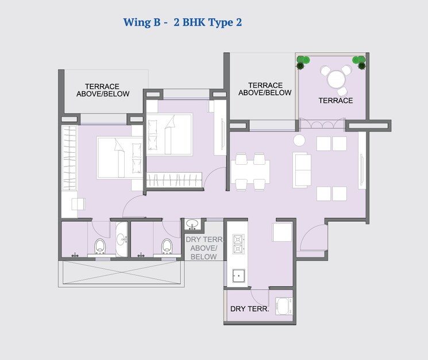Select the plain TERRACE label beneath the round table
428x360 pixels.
tap(336, 100)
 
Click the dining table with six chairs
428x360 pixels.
tap(250, 171)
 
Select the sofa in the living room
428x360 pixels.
tap(302, 170)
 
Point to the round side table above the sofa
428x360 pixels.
tap(299, 140)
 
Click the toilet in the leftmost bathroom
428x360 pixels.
tap(100, 246)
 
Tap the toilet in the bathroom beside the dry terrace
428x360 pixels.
tap(167, 246)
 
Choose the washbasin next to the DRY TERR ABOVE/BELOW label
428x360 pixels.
tap(192, 224)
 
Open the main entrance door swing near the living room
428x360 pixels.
tap(314, 237)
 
